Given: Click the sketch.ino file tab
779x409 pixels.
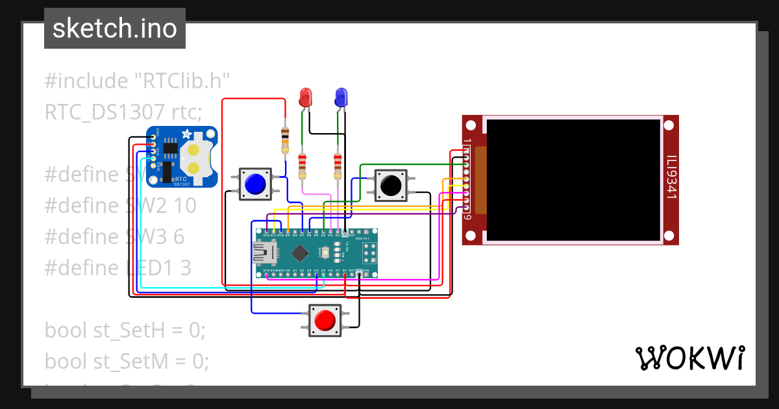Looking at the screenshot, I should point(114,29).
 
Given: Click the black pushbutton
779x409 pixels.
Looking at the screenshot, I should point(390,185).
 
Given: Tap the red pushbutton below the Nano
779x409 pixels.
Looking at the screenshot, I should point(325,321).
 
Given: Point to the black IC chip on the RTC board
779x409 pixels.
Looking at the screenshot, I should point(170,151).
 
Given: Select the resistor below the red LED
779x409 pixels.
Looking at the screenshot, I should point(302,166).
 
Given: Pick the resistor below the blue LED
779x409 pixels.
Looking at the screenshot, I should point(337,166).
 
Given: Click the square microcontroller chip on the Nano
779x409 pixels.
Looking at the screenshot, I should point(299,252).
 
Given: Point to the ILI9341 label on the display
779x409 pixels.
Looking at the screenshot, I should point(671,175).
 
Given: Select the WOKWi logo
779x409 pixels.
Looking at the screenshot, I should point(689,358).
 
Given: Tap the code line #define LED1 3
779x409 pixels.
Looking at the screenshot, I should point(117,267).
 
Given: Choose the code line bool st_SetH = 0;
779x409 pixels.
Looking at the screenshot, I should point(125,330).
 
